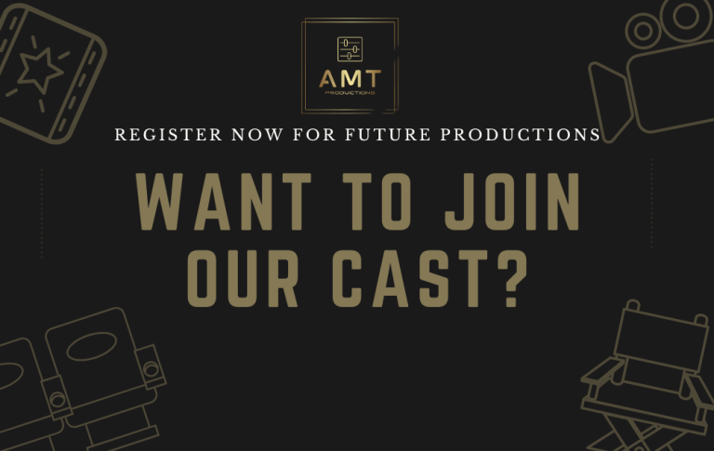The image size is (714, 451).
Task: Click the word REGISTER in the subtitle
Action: coord(168,135)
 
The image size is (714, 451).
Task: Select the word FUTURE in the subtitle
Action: coord(388,135)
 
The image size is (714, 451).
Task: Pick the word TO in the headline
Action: coord(377,202)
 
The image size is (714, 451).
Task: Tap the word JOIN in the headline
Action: coord(512,202)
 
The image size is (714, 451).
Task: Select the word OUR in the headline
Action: coord(243,278)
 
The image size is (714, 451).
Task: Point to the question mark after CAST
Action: coord(511,278)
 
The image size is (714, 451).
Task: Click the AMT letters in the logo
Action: coord(350,79)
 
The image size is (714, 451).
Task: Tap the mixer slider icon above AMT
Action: coord(350,49)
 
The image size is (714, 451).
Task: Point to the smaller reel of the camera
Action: coord(642,31)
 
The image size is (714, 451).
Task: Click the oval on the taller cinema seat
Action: coord(91,346)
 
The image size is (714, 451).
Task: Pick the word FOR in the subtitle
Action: coord(314,135)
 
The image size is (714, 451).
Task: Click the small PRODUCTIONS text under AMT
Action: coord(350,93)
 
